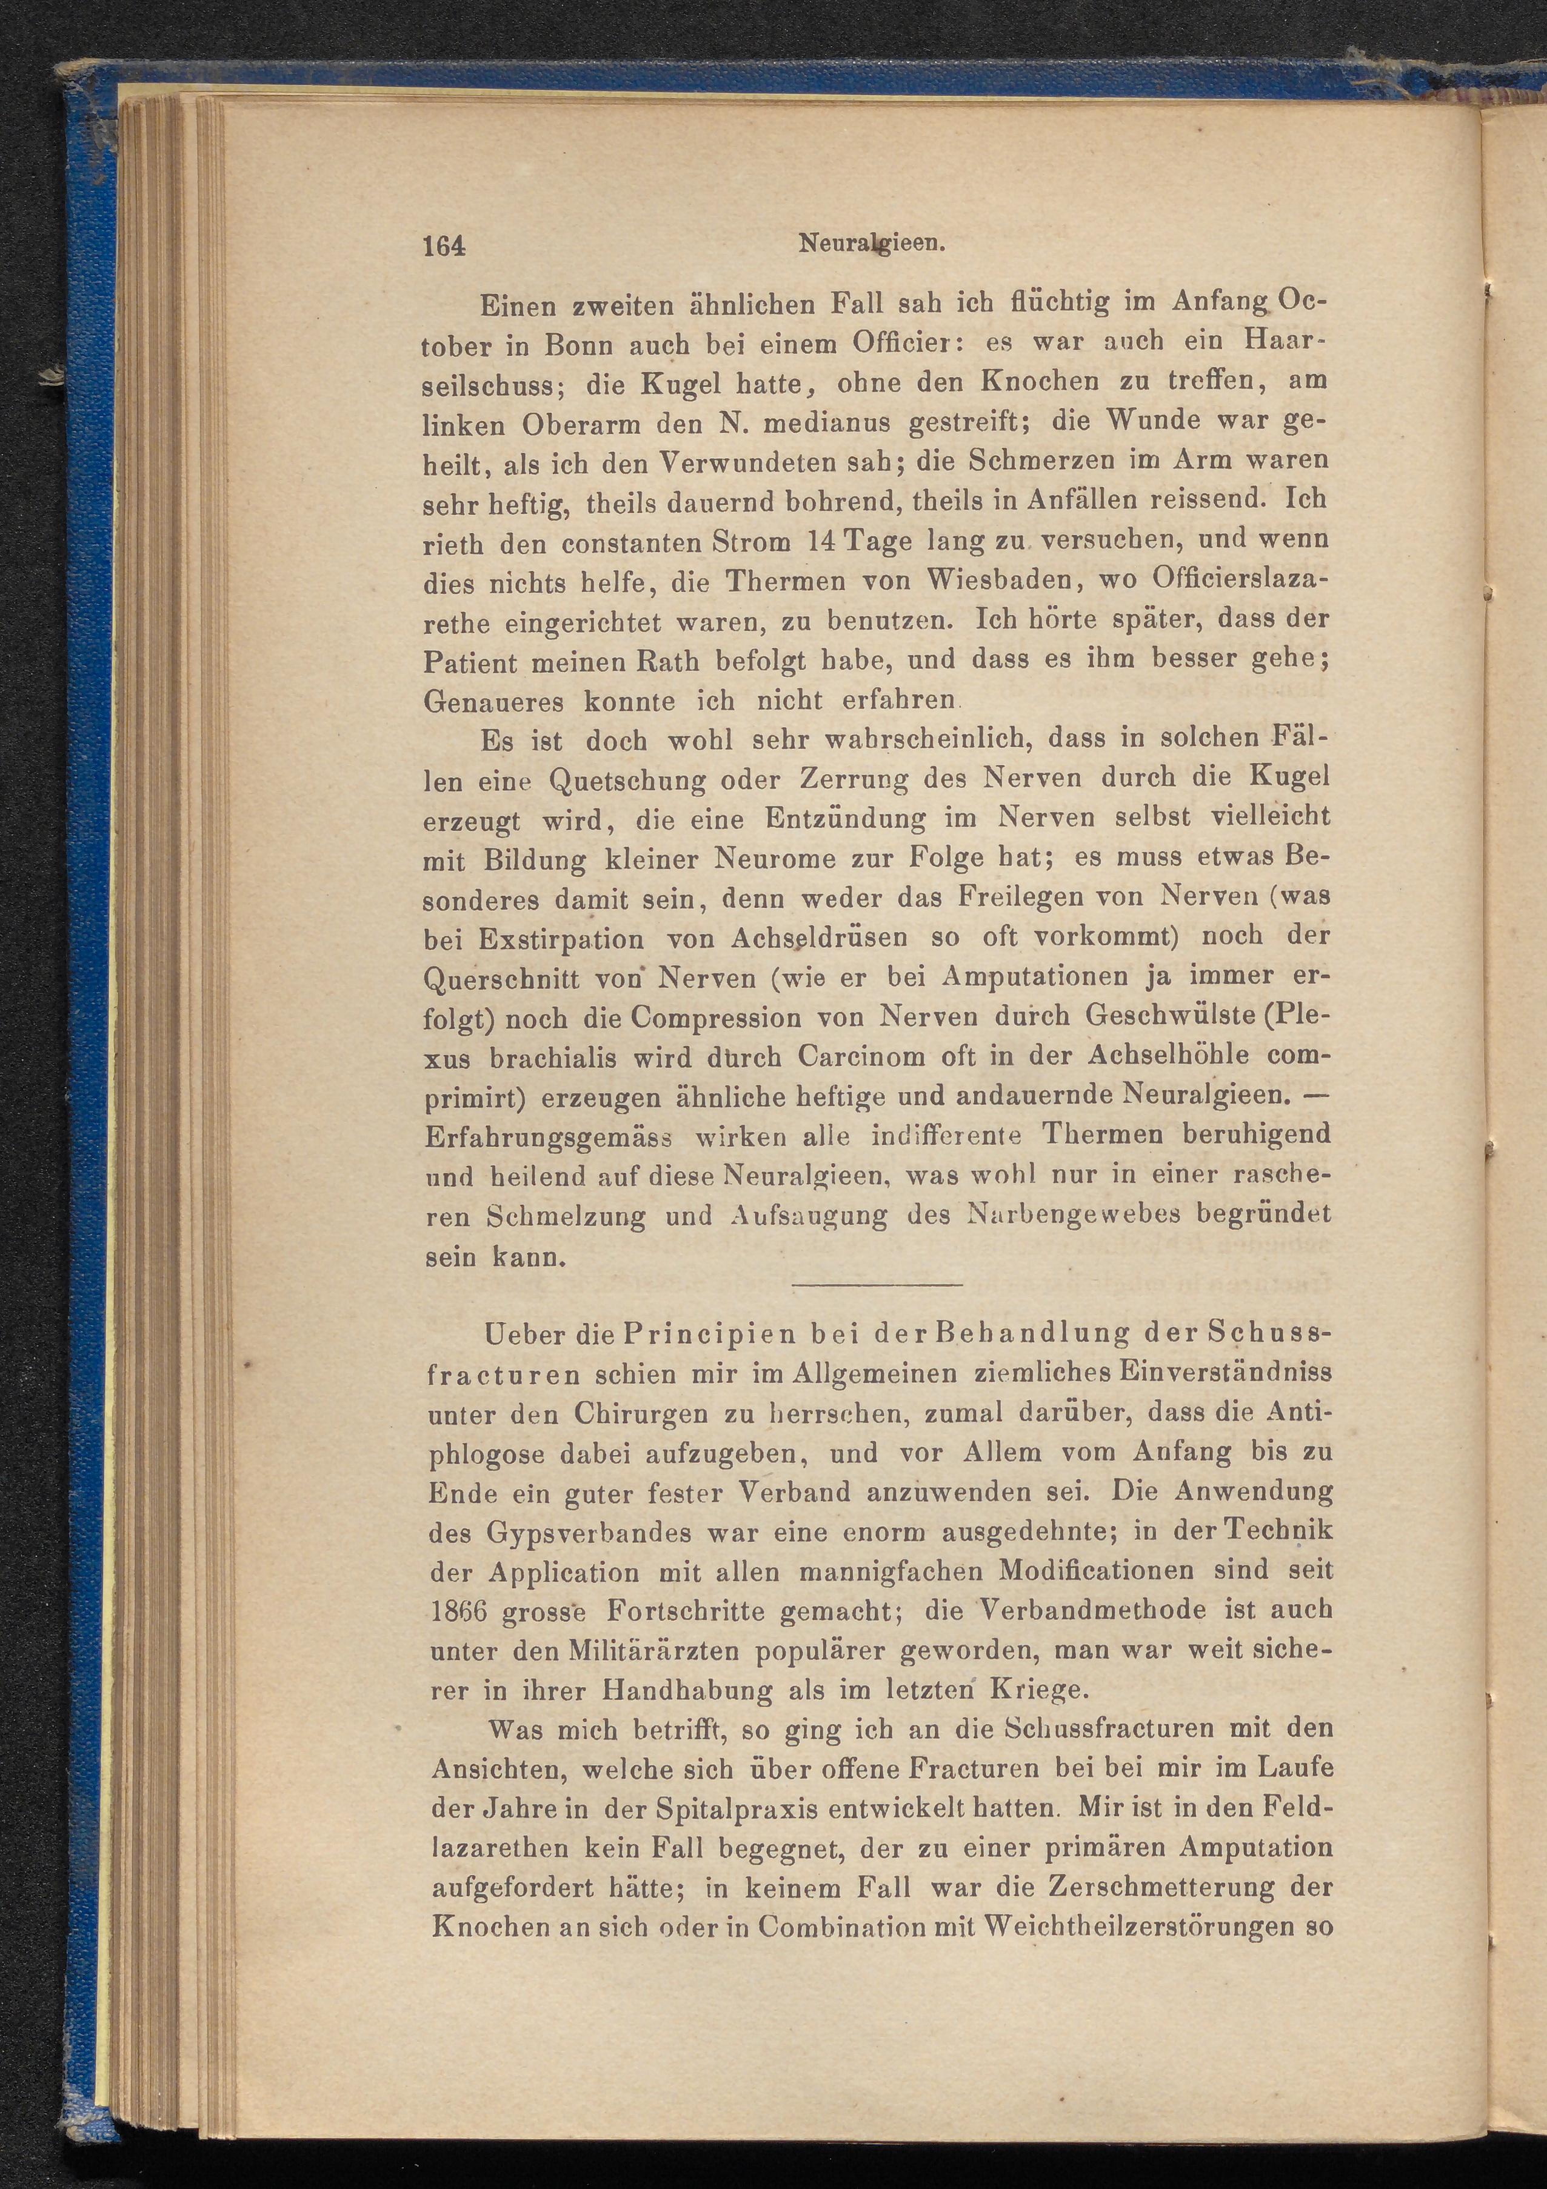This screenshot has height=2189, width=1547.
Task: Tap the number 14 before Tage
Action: [x=822, y=539]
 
